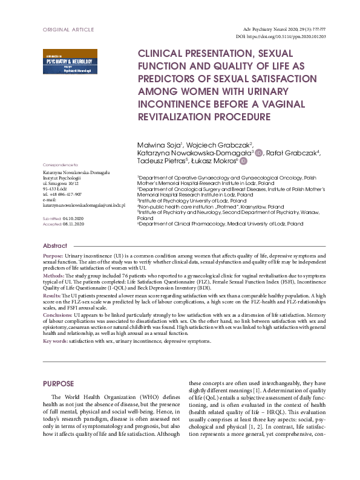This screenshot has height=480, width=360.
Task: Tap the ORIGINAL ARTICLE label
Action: point(68,29)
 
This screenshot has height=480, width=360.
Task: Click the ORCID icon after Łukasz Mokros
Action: point(243,161)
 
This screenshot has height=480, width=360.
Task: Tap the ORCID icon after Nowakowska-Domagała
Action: point(259,153)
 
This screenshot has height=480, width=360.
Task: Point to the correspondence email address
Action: point(85,206)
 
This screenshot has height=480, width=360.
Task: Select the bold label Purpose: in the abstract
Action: point(53,257)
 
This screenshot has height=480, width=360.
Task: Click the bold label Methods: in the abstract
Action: point(54,274)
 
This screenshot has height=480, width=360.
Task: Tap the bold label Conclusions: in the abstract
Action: point(57,315)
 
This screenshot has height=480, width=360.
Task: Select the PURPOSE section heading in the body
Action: point(58,384)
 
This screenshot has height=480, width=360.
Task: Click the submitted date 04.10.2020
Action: point(73,217)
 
